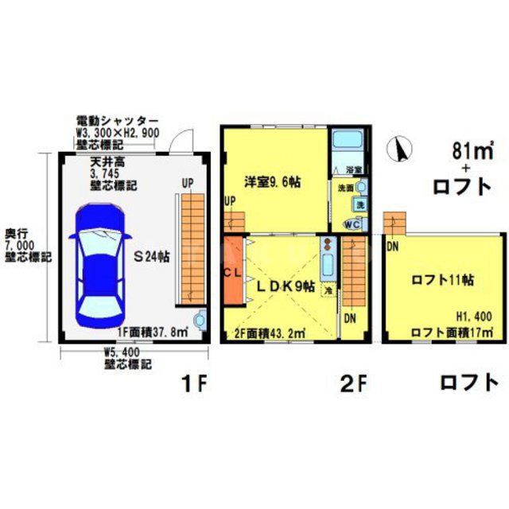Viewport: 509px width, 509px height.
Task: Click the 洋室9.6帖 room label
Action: [x=271, y=181]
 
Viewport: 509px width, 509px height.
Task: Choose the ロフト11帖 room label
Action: [x=443, y=279]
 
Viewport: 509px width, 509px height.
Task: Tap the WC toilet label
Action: [x=351, y=223]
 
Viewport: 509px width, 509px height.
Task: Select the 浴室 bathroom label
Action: [x=354, y=169]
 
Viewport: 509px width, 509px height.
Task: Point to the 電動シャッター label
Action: [x=117, y=119]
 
